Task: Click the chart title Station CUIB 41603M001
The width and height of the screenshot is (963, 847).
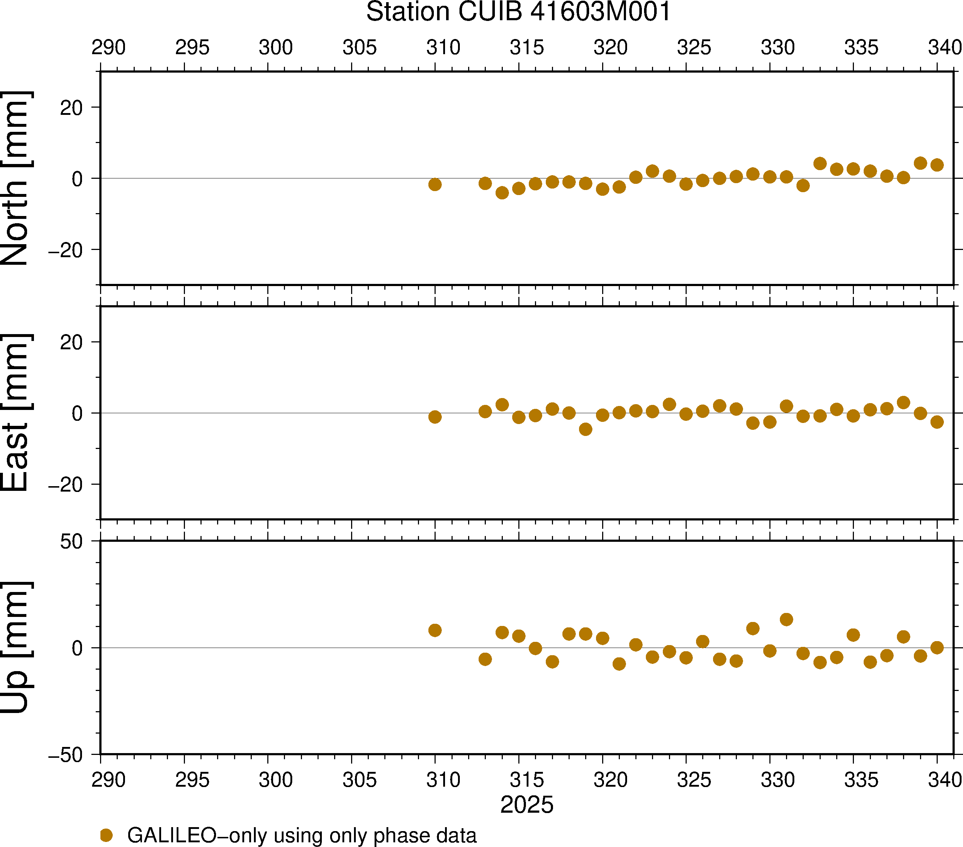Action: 518,12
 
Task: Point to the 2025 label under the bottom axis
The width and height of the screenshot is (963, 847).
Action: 527,805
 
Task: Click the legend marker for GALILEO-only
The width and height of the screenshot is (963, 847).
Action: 107,835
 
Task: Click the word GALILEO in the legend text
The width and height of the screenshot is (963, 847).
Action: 172,835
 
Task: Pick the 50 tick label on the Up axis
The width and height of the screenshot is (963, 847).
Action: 71,542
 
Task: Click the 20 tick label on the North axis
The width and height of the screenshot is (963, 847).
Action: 71,108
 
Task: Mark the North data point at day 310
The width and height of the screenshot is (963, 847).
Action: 435,184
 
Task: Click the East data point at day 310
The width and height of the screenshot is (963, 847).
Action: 435,417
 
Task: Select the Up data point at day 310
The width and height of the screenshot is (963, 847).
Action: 435,630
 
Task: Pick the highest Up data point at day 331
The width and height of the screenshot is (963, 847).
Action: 786,619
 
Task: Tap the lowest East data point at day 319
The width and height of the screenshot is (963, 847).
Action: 586,429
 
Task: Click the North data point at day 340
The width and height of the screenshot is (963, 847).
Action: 937,165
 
